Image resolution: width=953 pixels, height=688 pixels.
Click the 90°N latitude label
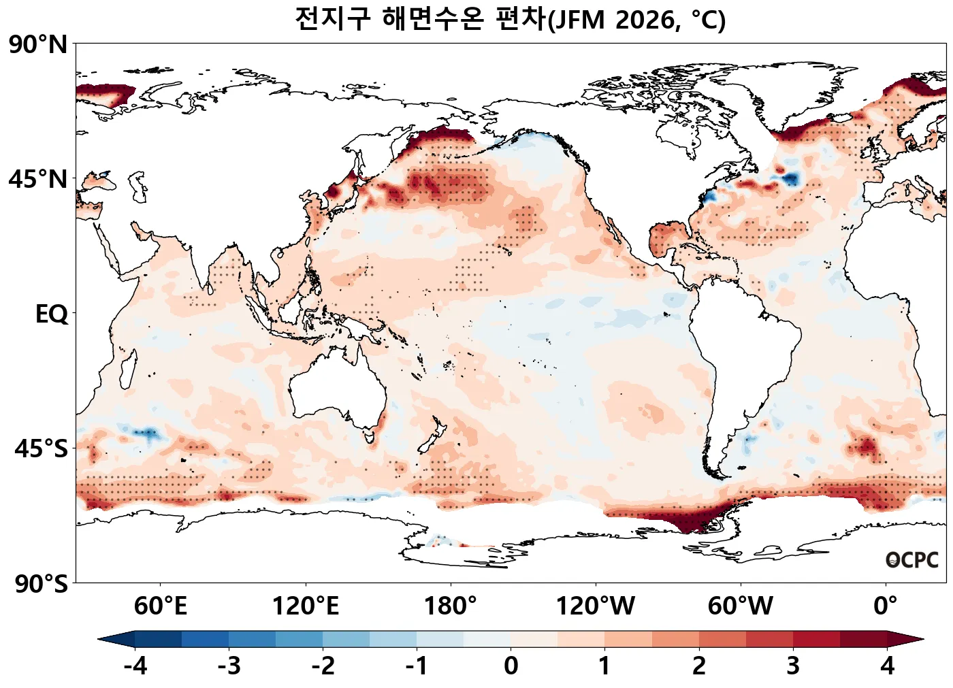(38, 45)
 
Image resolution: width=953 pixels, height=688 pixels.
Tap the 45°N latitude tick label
(38, 180)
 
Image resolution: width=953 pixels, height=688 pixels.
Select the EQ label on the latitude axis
(52, 314)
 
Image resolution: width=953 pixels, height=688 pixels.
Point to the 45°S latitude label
(41, 449)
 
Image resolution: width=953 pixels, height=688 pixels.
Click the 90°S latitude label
(41, 584)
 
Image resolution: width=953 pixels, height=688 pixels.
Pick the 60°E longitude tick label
(160, 606)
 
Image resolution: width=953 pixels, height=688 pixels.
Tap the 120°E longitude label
(305, 606)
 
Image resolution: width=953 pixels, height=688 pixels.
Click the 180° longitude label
(451, 606)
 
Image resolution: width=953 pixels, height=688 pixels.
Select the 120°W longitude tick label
(596, 606)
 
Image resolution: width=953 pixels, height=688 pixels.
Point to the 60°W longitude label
(741, 606)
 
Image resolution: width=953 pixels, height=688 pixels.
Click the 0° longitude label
(886, 606)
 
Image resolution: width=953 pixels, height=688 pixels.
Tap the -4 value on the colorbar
(135, 666)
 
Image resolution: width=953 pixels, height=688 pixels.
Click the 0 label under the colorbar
(511, 666)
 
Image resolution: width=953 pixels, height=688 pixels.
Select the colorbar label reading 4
(887, 666)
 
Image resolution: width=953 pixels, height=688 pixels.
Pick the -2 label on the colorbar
(323, 666)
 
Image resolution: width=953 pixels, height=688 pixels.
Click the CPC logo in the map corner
(912, 560)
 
